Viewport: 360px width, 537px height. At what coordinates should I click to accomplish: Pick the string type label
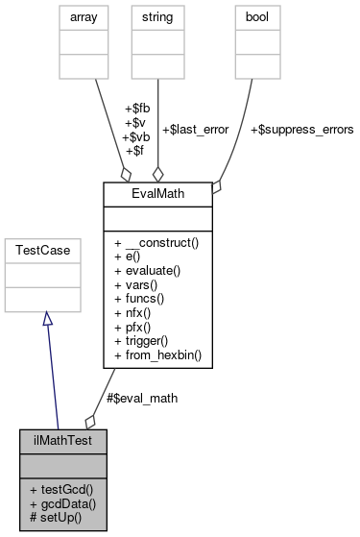[157, 16]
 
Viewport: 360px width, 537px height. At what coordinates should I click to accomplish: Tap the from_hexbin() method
[157, 355]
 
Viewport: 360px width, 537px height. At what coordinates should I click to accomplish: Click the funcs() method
[141, 299]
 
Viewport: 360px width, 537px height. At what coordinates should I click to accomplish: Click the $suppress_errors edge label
[301, 128]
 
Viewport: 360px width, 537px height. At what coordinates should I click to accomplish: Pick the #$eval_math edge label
[142, 397]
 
